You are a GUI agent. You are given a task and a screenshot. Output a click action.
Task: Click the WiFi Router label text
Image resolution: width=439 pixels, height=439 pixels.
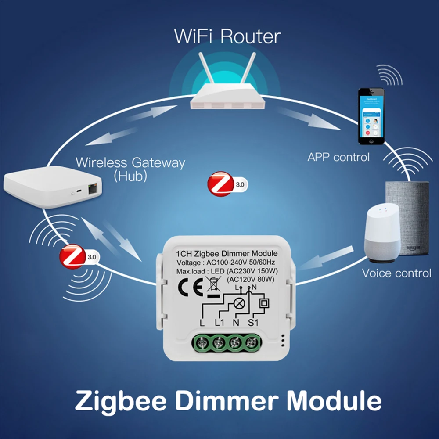(x=227, y=36)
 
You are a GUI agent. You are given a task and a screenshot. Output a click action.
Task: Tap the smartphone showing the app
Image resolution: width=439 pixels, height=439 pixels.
(x=371, y=116)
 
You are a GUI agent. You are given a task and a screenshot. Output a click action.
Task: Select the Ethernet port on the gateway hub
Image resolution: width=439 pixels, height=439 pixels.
(x=94, y=189)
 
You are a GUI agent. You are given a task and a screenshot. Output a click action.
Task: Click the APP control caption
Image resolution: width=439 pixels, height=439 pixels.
(x=338, y=157)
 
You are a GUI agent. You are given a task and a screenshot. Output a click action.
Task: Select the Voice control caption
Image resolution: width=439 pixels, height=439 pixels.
(x=396, y=273)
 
